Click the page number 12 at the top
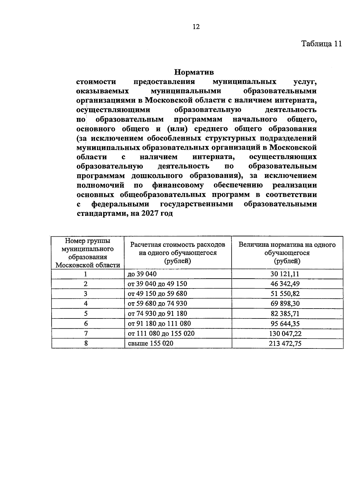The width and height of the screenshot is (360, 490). [x=196, y=27]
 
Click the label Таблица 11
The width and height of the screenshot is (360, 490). [x=321, y=44]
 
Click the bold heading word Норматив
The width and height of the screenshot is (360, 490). [x=193, y=72]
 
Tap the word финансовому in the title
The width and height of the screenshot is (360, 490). [x=177, y=185]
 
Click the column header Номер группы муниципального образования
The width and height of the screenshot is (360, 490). [x=88, y=253]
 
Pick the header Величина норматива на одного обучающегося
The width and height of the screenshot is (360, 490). [x=287, y=253]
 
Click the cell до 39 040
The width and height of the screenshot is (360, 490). [x=142, y=274]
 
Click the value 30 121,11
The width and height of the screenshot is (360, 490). [x=287, y=274]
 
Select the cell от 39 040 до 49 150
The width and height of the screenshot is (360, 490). [x=157, y=284]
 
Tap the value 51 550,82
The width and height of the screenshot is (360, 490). [x=287, y=294]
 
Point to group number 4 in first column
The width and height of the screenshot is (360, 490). [x=86, y=304]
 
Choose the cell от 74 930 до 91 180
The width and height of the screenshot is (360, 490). [x=157, y=314]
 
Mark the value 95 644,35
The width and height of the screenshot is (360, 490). [x=287, y=324]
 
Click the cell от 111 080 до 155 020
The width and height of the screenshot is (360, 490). [x=161, y=333]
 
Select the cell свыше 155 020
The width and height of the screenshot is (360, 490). [x=151, y=343]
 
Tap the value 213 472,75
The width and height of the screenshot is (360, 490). [x=285, y=344]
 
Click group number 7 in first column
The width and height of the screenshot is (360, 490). [x=86, y=333]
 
